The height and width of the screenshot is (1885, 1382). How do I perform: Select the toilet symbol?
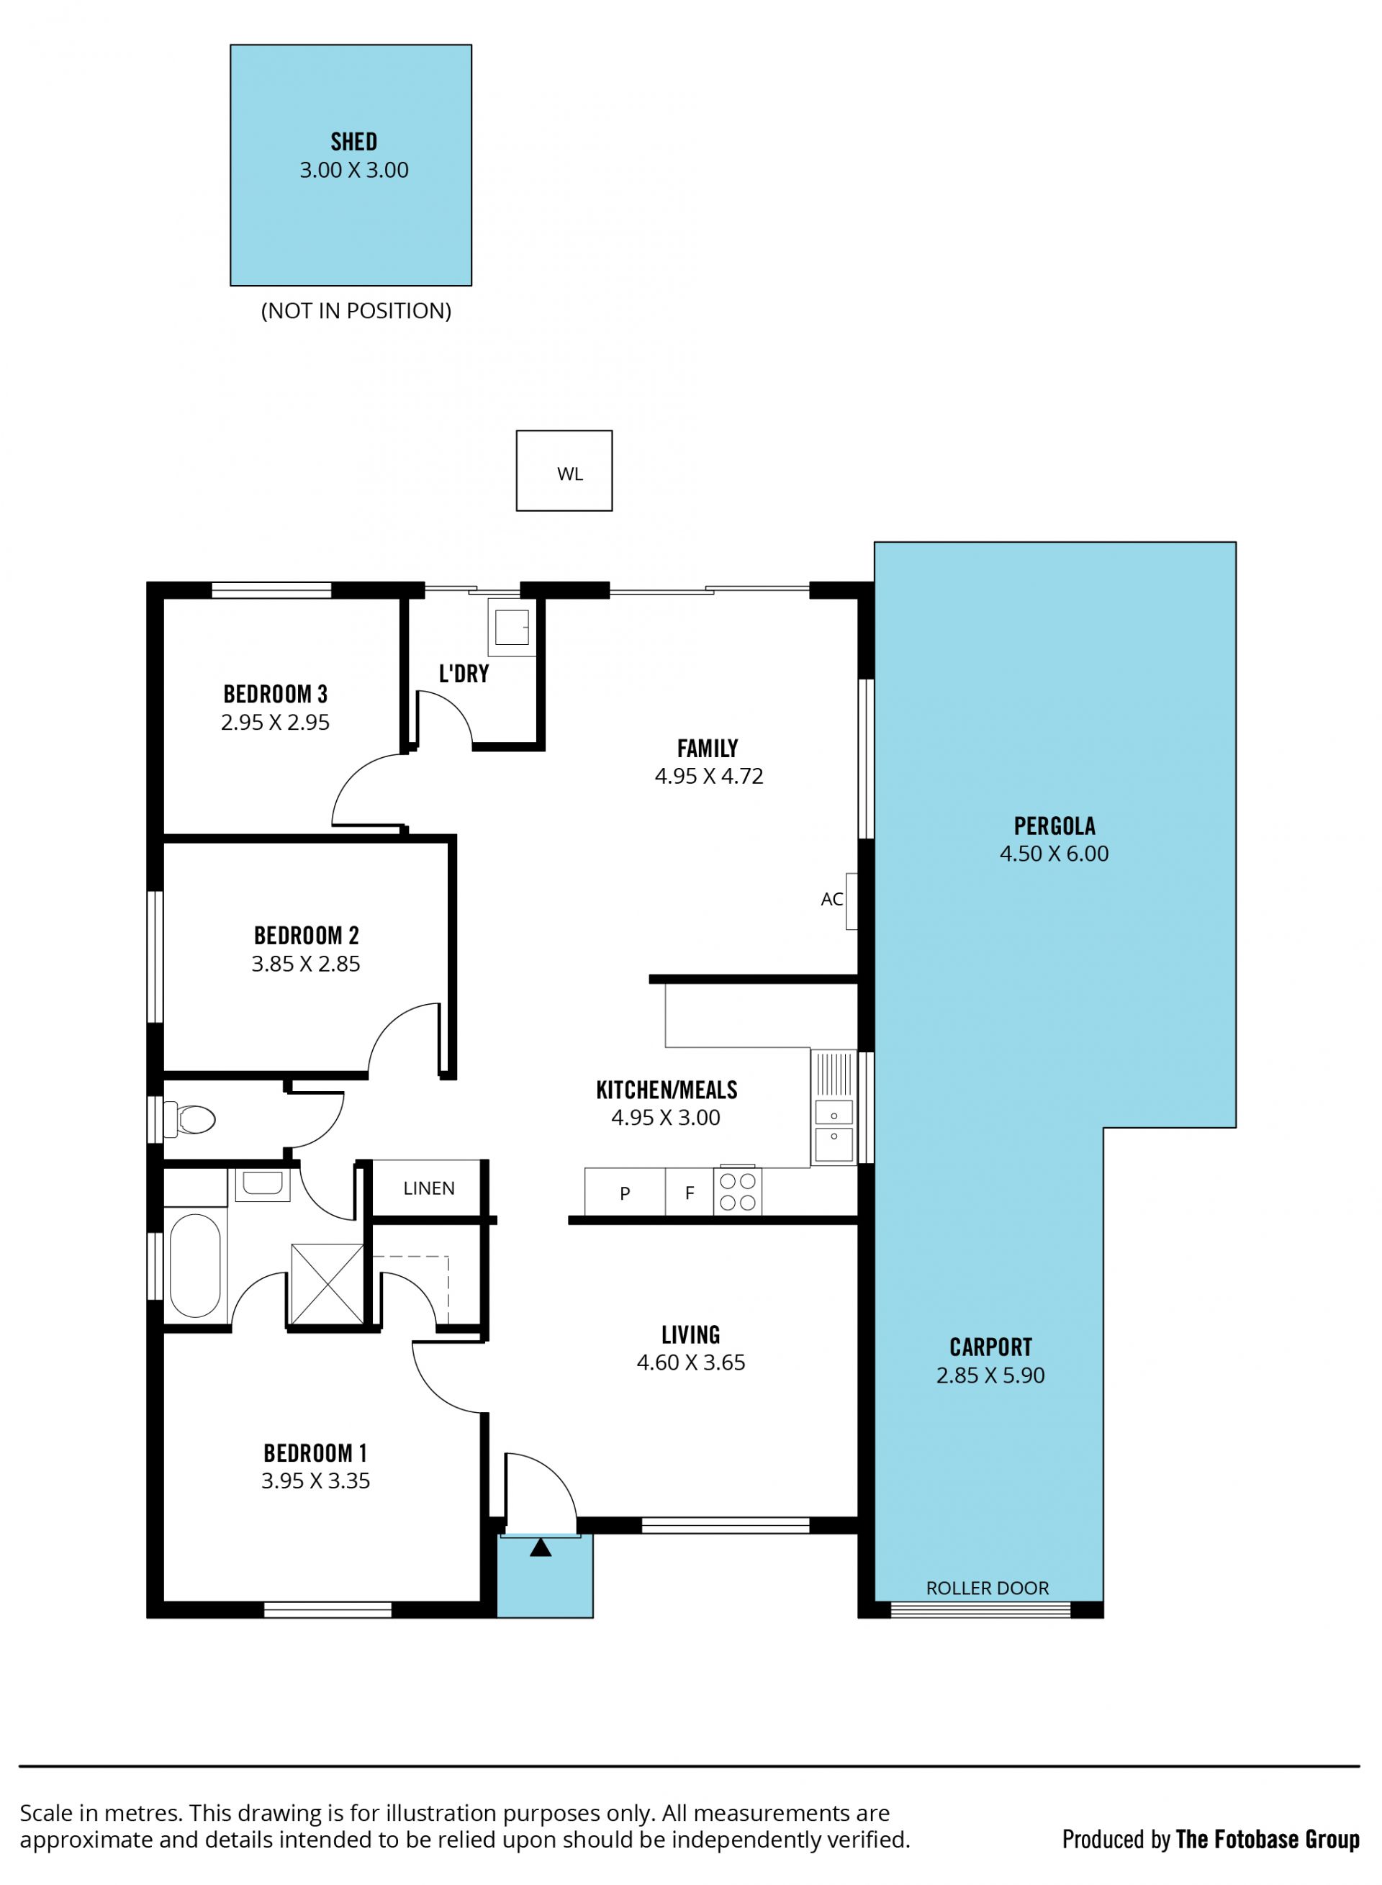click(190, 1119)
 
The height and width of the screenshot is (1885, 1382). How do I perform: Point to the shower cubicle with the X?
click(327, 1285)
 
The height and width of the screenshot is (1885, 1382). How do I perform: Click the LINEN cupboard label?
click(429, 1188)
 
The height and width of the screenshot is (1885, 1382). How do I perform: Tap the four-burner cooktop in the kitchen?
click(738, 1192)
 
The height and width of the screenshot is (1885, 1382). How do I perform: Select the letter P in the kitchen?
click(625, 1194)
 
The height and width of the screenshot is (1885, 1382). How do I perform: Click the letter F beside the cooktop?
click(690, 1193)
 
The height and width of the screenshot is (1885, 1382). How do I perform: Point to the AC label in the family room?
click(832, 899)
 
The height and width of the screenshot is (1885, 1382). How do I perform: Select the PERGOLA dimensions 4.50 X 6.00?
click(1054, 854)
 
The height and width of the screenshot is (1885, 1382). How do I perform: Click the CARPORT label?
click(990, 1347)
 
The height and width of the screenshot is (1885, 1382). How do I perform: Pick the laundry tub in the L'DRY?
click(512, 627)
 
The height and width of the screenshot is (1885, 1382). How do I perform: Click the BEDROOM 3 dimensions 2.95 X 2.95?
click(275, 723)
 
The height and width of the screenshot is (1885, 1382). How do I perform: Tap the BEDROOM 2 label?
click(306, 935)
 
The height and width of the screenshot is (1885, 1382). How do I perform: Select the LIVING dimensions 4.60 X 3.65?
click(691, 1362)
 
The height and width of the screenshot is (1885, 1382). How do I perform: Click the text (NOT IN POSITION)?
click(356, 311)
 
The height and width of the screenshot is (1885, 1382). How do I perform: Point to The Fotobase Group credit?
click(1268, 1839)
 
